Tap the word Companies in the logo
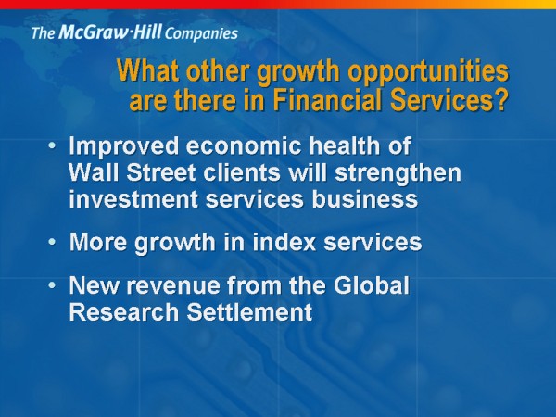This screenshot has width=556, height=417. point(201,34)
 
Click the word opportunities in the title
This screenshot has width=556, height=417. point(429,72)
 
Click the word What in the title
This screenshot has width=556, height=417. point(148,70)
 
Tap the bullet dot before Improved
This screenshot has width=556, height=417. point(52,145)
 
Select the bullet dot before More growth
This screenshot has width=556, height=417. point(52,242)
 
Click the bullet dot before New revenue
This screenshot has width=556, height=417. point(52,285)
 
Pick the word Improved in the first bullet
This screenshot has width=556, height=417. point(124,146)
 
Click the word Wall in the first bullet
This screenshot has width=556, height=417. point(92,172)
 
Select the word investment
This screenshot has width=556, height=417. point(133,199)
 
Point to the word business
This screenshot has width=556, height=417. point(365,199)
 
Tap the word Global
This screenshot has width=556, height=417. point(372,285)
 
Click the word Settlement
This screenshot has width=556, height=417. point(249,312)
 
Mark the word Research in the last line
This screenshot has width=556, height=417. point(124,312)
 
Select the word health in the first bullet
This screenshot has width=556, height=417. point(345,145)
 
